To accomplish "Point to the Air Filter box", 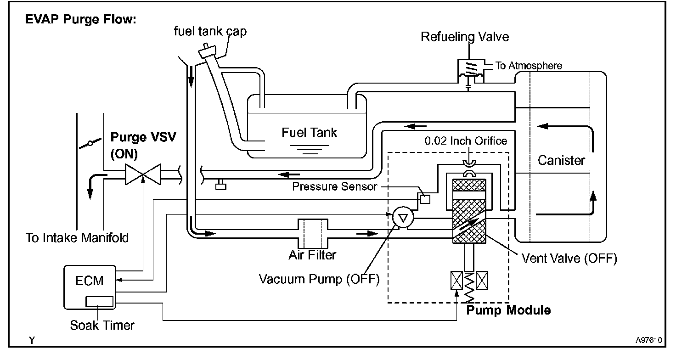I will coord(313,233).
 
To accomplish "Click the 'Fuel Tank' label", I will coord(309,133).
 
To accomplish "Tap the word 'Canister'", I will coord(561,161).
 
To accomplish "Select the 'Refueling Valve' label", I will coord(465,37).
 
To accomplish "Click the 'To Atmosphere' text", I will coord(528,66).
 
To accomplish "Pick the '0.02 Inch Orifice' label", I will coord(466,141).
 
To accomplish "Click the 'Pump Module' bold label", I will coord(508,310).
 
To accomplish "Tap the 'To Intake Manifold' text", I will coord(77,238).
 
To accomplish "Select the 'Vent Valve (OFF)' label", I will coord(569,258).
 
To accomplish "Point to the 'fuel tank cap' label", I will coord(210,31).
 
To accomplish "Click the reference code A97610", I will coord(648,341).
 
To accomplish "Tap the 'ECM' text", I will coord(89,281).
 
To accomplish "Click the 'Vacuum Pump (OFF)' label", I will coord(319,279).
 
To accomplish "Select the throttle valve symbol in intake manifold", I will coord(90,144).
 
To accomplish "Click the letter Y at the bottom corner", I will coord(32,340).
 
